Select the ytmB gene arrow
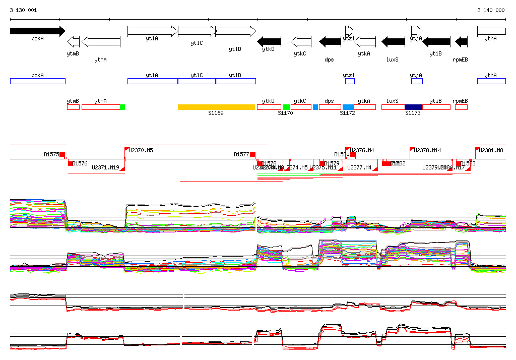73,41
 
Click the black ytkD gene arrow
269,41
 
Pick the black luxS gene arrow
393,41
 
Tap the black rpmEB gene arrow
461,41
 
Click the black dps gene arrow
330,41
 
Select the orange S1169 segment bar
216,107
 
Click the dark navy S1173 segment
413,107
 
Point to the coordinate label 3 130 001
23,10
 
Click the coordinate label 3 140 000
491,10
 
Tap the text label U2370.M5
141,150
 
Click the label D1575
51,154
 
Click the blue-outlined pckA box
37,81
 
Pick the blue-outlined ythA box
491,81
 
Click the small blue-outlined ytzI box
350,81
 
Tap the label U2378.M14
427,150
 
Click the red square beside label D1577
253,154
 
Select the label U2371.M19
105,167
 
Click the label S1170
285,113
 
